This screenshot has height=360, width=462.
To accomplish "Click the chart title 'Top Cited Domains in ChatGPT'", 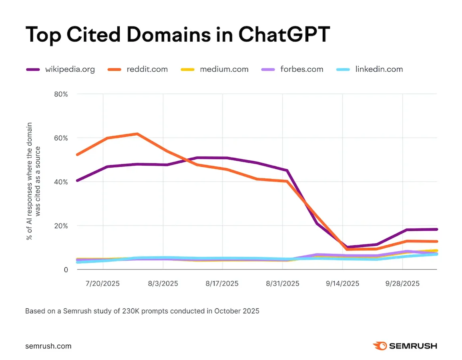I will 177,35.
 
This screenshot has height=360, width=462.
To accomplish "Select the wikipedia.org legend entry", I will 60,69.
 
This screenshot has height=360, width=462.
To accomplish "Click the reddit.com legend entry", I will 138,69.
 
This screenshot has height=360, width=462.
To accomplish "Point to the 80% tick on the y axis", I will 61,94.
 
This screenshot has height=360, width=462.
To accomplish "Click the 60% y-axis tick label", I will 61,138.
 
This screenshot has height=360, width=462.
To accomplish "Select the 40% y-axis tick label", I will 61,182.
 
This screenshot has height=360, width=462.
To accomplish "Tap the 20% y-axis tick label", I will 61,226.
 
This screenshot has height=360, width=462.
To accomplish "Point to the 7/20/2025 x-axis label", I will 103,284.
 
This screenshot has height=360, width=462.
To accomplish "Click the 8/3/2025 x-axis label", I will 163,284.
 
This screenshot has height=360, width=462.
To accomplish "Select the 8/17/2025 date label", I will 222,284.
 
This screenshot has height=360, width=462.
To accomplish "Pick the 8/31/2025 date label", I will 282,284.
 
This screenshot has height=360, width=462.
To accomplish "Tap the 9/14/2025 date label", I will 342,284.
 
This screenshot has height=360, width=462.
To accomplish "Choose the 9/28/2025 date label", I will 402,284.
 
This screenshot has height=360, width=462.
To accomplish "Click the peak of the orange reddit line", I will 137,134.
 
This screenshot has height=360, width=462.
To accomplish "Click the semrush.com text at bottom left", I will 48,346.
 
